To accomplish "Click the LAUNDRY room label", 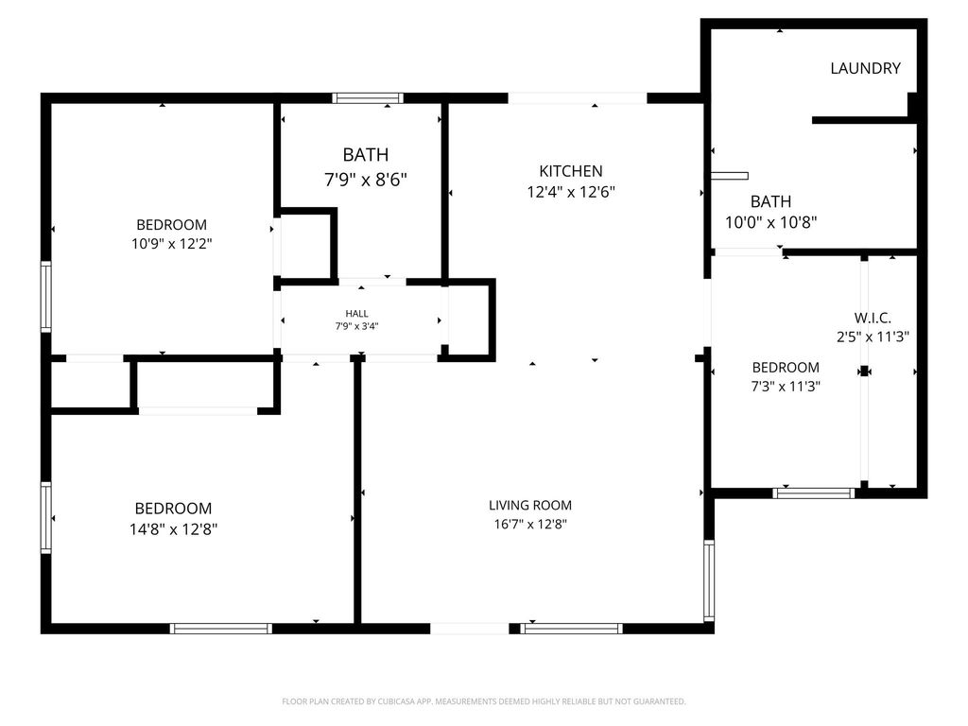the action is [865, 68].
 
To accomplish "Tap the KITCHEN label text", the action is [570, 171].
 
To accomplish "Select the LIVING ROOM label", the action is [530, 505].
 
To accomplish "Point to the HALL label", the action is [356, 314].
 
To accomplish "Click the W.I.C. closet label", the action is [873, 318].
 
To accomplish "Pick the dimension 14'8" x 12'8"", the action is [174, 529].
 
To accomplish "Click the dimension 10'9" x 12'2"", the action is [172, 244].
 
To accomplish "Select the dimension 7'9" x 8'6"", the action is [366, 180].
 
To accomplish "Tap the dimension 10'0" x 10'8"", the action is [771, 222].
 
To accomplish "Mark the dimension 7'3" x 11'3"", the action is [786, 387].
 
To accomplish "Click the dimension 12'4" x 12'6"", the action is [571, 192].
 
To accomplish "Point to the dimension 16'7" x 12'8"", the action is [530, 524].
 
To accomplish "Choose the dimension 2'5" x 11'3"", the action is [873, 337].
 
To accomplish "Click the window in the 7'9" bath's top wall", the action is [368, 98].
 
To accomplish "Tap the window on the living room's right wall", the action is [709, 580].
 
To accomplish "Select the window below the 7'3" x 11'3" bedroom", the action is [814, 493].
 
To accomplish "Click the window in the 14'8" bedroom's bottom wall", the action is [221, 629].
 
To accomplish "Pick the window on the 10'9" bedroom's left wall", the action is [45, 297].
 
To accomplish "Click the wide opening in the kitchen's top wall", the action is [578, 98].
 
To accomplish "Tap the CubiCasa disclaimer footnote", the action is [484, 701].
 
